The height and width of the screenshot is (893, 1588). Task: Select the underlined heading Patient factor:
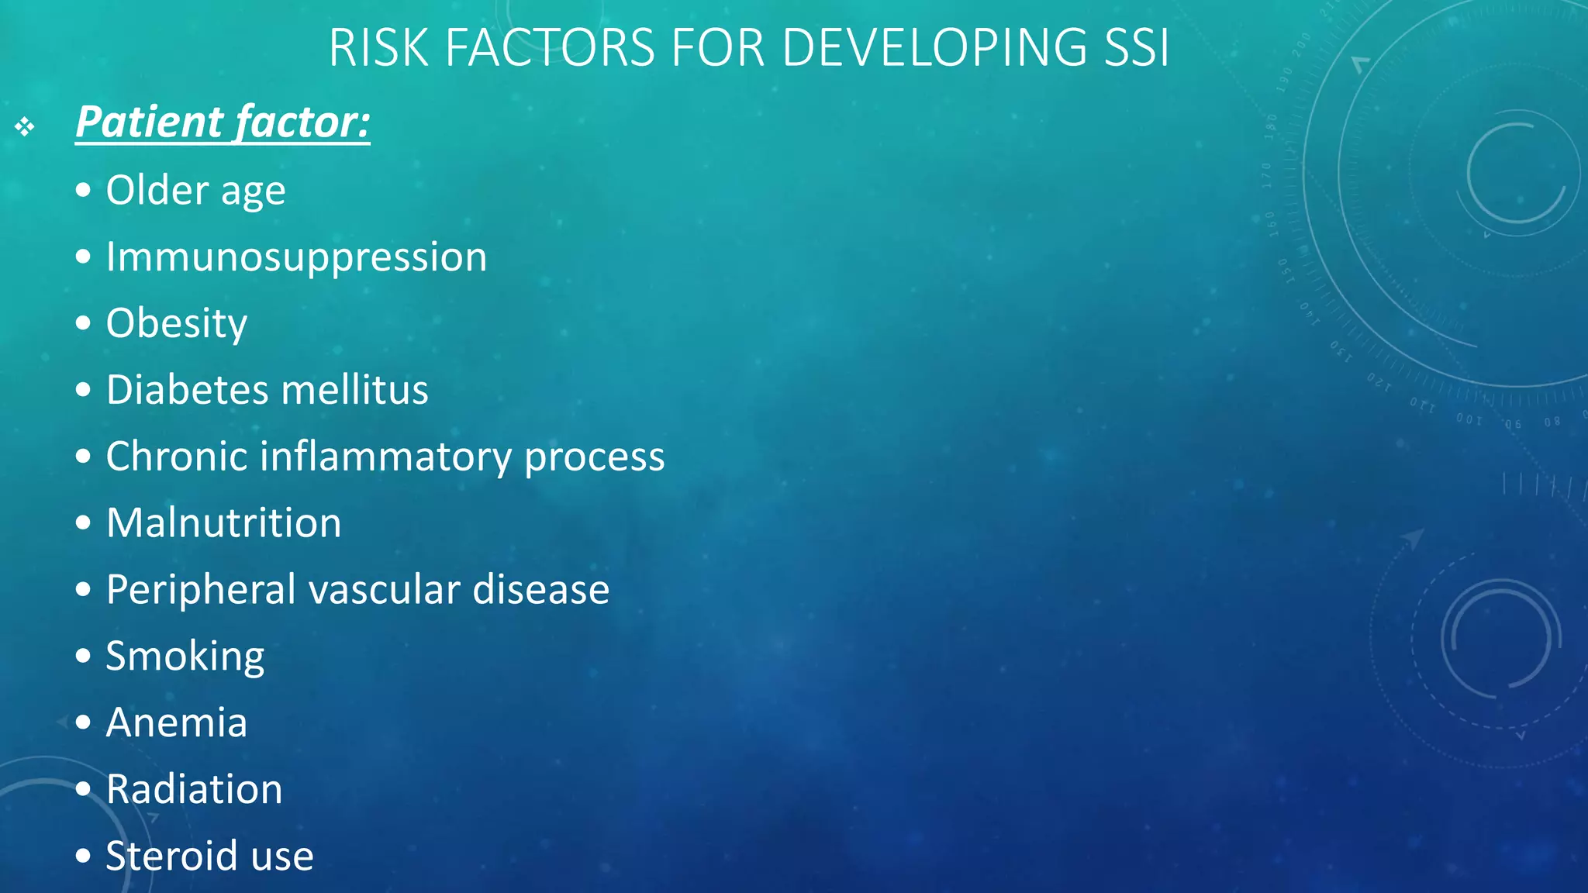click(x=223, y=122)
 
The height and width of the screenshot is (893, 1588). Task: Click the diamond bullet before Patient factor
click(x=25, y=126)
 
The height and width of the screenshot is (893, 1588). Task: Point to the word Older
click(x=157, y=190)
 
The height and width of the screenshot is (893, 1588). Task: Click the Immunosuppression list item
click(x=296, y=257)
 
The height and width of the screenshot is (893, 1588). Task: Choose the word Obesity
click(x=176, y=323)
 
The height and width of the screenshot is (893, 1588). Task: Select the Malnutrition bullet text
click(x=223, y=522)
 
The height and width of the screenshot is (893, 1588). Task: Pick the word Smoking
click(x=185, y=657)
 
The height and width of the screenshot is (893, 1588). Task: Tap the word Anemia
click(x=176, y=722)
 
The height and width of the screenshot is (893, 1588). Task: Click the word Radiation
click(x=194, y=789)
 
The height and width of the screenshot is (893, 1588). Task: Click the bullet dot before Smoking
click(x=84, y=657)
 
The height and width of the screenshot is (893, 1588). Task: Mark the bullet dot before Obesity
click(x=84, y=323)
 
